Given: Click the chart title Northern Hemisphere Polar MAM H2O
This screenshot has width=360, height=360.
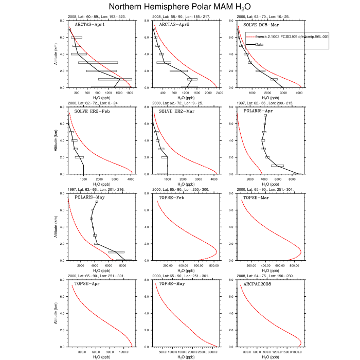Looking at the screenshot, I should [x=180, y=7].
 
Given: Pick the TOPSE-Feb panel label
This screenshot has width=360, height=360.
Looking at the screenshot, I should [x=171, y=197].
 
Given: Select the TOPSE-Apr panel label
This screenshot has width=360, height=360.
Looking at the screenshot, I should [x=87, y=284].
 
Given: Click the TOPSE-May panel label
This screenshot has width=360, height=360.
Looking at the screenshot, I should [x=171, y=284].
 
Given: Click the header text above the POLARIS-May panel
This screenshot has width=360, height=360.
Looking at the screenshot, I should [x=97, y=190].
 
